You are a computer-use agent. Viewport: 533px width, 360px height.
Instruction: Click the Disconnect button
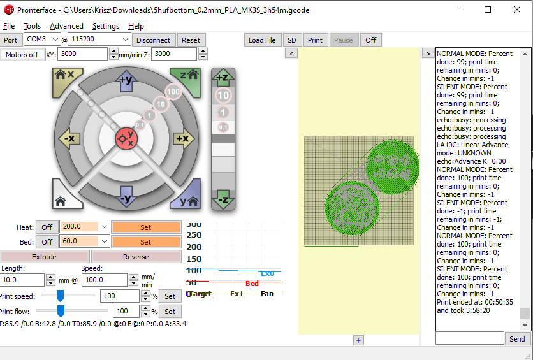click(154, 40)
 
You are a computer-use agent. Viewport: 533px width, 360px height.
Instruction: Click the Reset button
click(191, 40)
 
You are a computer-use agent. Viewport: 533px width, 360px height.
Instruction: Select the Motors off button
click(22, 54)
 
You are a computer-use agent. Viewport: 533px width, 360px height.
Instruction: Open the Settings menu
click(105, 26)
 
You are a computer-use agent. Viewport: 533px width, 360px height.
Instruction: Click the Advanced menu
click(66, 26)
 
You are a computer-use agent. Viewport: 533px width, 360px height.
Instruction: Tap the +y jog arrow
click(125, 80)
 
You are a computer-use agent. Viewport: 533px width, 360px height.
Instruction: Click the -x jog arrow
click(68, 138)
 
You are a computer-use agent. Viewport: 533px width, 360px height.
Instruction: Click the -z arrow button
click(223, 199)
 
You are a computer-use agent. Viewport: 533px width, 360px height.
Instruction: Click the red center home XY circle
click(125, 138)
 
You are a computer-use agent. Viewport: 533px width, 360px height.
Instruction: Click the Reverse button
click(136, 257)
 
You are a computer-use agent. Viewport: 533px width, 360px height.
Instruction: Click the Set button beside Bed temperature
click(145, 242)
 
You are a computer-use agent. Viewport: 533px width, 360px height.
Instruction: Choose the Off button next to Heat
click(47, 227)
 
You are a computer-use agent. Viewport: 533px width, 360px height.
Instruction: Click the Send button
click(517, 339)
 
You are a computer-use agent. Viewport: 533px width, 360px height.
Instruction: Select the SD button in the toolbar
click(292, 40)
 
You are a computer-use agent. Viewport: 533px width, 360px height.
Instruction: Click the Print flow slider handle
click(61, 311)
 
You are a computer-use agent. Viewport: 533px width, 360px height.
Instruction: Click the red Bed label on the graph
click(252, 284)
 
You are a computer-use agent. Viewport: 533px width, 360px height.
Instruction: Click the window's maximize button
click(488, 10)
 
